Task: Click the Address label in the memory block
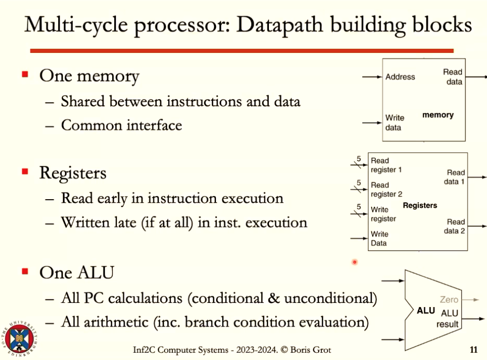tap(400, 77)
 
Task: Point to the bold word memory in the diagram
tap(438, 115)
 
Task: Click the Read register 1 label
tap(386, 165)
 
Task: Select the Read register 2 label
tap(386, 190)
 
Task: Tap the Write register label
tap(383, 214)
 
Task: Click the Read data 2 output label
tap(454, 226)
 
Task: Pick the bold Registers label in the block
tap(420, 205)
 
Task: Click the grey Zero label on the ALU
tap(449, 300)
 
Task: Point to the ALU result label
tap(448, 319)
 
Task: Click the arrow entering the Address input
tap(372, 77)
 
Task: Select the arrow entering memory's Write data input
tap(372, 123)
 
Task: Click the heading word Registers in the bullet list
tap(73, 173)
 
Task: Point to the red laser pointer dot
tap(355, 261)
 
